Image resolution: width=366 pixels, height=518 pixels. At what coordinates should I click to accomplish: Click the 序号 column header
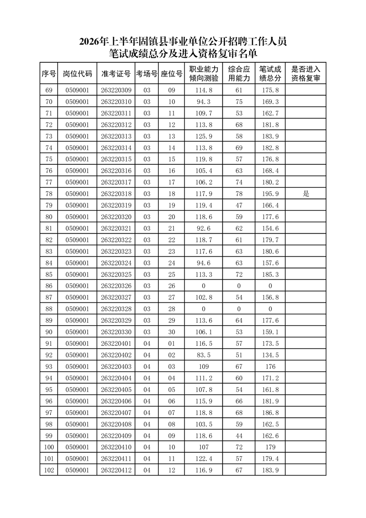pyautogui.click(x=49, y=74)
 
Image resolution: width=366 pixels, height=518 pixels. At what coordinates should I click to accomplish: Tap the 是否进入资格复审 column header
pyautogui.click(x=306, y=74)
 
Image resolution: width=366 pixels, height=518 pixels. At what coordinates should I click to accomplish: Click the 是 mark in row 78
pyautogui.click(x=306, y=194)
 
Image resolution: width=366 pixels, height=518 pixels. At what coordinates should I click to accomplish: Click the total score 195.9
pyautogui.click(x=270, y=194)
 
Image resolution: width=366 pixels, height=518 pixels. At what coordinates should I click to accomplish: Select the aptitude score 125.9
pyautogui.click(x=204, y=137)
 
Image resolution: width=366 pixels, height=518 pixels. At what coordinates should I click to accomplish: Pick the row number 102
pyautogui.click(x=49, y=470)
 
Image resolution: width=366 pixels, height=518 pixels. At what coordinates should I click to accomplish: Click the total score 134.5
pyautogui.click(x=270, y=355)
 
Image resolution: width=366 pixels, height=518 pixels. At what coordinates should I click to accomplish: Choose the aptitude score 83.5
pyautogui.click(x=204, y=355)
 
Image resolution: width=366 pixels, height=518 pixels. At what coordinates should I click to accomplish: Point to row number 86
pyautogui.click(x=49, y=286)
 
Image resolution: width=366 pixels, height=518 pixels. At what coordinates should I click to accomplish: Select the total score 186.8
pyautogui.click(x=270, y=412)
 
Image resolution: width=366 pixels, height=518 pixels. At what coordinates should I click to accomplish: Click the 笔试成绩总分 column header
pyautogui.click(x=270, y=74)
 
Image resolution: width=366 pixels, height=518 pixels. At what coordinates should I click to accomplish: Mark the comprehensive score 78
pyautogui.click(x=239, y=194)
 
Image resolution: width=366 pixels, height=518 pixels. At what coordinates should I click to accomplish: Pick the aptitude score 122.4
pyautogui.click(x=204, y=458)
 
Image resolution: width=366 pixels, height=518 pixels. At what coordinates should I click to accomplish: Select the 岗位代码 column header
pyautogui.click(x=78, y=74)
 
